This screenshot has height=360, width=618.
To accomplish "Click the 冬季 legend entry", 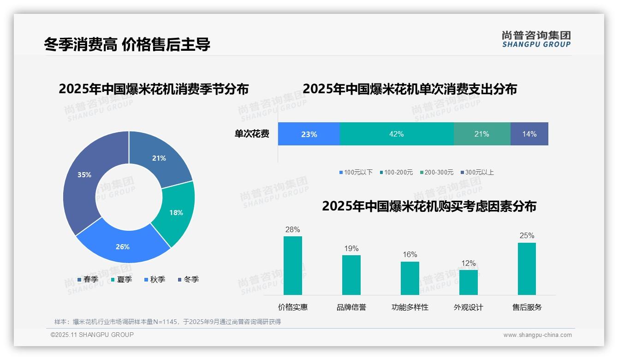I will coord(188,279).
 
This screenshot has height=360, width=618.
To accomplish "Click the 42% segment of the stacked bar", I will coord(397,134).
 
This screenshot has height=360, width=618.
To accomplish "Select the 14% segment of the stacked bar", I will coord(529,134).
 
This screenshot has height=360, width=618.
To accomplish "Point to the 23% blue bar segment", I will coord(309,134).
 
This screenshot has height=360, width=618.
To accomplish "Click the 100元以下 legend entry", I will coord(356,172).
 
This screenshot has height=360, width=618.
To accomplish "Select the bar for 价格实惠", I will coord(292,265).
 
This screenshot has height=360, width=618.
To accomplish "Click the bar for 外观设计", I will coord(468,282).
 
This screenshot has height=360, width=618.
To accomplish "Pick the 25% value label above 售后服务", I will coord(527,235).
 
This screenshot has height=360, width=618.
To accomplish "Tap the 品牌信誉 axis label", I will coord(351,307).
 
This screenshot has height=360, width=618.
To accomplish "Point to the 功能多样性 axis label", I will coord(410,307).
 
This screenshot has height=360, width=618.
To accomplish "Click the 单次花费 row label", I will coord(252,134).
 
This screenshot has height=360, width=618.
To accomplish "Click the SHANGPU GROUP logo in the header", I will coord(536,39).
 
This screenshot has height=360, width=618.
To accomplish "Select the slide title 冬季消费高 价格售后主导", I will coord(127,44).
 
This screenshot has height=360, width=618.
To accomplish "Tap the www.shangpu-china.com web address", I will coord(537,335).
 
